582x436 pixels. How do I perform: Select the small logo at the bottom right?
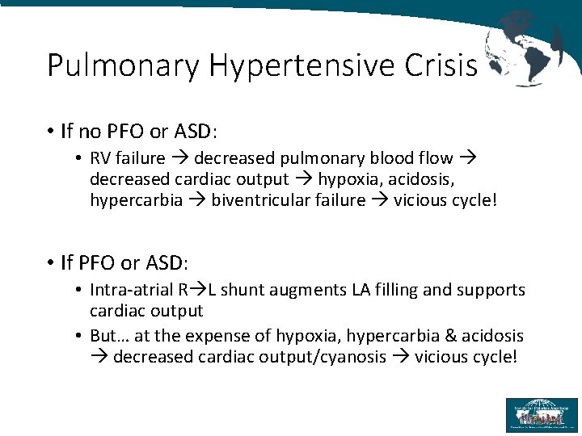pos(541,414)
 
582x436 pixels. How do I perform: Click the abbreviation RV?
pos(102,158)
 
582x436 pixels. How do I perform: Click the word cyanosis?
pos(348,357)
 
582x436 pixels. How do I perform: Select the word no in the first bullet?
pos(85,130)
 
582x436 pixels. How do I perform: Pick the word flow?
pos(436,158)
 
